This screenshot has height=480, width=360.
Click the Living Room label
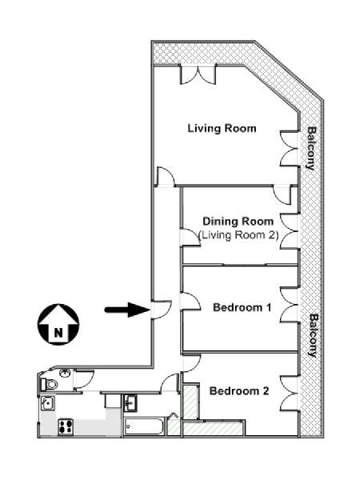222,128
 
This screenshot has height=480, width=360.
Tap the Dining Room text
238,222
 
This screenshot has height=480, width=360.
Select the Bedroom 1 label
242,307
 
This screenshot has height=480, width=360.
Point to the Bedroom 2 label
239,391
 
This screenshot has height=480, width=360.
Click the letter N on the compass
58,332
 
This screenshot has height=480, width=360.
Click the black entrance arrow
127,310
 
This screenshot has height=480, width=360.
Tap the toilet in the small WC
50,384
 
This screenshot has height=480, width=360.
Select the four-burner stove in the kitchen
66,426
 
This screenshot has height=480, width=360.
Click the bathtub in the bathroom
143,426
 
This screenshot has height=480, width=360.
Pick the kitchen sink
48,403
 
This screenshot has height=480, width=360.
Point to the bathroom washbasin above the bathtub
130,403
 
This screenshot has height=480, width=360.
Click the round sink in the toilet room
65,374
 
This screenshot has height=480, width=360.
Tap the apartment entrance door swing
161,310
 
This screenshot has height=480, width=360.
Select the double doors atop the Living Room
198,74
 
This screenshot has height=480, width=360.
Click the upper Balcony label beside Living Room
311,148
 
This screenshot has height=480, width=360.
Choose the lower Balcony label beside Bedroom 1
313,335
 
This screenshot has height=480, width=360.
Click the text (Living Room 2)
238,235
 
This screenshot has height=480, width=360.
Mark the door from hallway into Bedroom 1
190,302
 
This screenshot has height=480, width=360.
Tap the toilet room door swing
83,380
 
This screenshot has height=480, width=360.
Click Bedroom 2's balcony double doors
290,393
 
